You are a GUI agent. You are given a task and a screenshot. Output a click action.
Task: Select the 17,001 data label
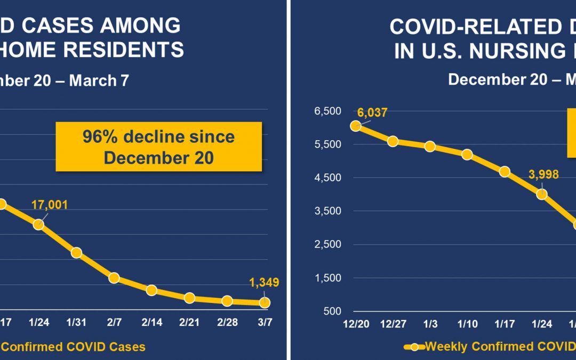[50, 205]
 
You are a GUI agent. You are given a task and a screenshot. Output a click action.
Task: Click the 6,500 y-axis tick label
[327, 111]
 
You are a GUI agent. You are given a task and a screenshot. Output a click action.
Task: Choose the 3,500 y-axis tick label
[327, 211]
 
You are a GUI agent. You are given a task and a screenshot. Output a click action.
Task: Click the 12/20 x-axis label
[355, 325]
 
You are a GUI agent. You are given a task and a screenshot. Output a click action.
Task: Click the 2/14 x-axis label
[151, 324]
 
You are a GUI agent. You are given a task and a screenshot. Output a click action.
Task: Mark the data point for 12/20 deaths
[356, 126]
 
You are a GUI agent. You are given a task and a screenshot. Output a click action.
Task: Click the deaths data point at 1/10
[467, 155]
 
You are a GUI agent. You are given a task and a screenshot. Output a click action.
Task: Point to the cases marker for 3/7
[265, 302]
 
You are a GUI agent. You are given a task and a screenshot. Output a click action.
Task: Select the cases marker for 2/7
[114, 277]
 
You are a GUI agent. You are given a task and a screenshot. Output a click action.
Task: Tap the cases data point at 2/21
[189, 298]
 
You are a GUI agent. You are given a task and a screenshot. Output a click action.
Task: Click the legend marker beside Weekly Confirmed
[414, 346]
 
